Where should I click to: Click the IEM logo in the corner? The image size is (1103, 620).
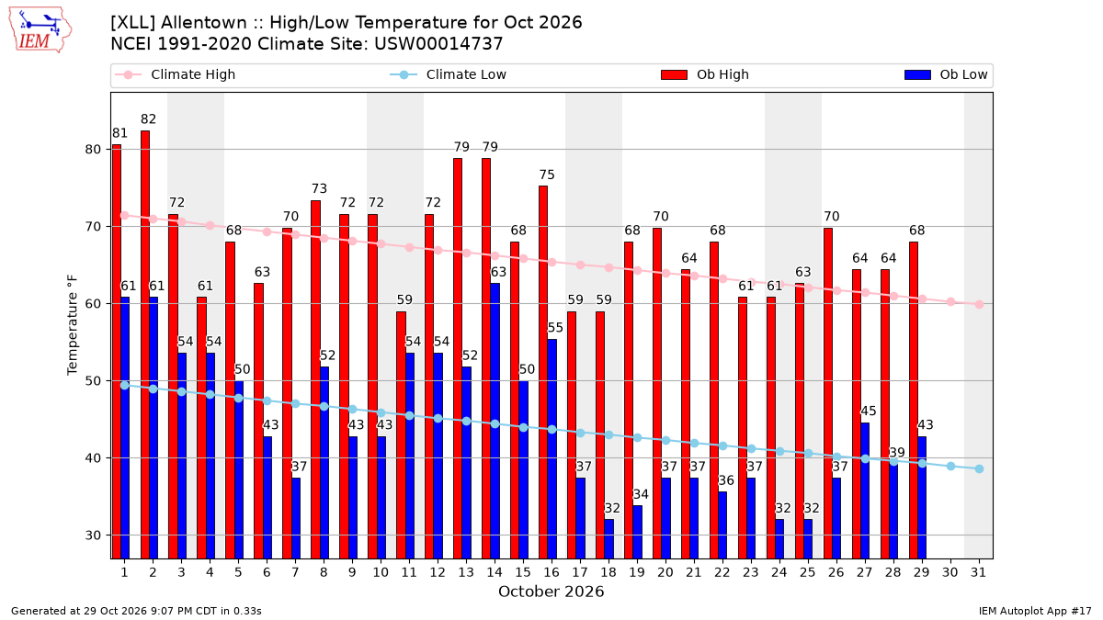(x=40, y=30)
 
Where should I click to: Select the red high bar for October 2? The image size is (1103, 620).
(x=145, y=344)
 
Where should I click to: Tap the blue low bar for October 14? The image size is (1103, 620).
(x=495, y=421)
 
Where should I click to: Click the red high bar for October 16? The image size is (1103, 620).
(x=543, y=372)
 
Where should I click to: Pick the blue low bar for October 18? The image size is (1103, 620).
(x=609, y=539)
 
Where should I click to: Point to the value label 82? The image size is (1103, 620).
(x=148, y=119)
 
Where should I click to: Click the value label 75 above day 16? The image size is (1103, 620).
(x=547, y=175)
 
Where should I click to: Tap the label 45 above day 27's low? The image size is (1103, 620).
(x=868, y=411)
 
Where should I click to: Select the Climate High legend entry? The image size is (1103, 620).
(x=175, y=74)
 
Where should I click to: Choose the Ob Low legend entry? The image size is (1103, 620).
(x=946, y=74)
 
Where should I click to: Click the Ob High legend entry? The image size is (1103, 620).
(x=705, y=74)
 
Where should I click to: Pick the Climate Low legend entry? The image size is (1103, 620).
(x=448, y=74)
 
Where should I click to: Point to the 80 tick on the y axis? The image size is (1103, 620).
(x=93, y=149)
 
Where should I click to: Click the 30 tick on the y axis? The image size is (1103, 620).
(x=93, y=535)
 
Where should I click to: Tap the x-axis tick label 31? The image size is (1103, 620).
(x=978, y=572)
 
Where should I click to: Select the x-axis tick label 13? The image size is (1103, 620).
(x=466, y=572)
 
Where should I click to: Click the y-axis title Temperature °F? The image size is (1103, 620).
(x=73, y=325)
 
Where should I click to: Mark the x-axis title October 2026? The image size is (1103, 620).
(x=551, y=592)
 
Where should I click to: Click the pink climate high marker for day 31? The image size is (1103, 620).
(x=979, y=305)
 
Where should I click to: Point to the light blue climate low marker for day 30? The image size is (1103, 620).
(x=950, y=466)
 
